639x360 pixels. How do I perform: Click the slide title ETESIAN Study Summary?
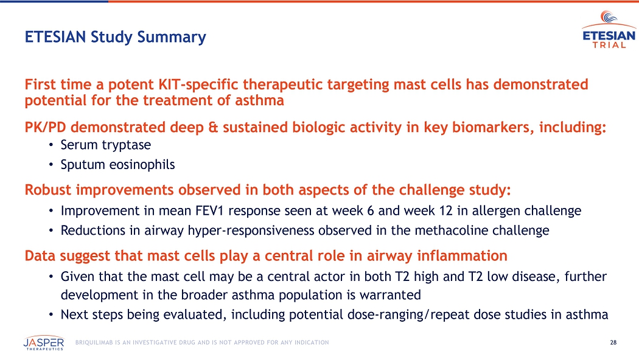(x=116, y=37)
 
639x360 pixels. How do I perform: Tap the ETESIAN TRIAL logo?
(x=609, y=29)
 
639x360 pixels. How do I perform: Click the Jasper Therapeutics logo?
(x=44, y=343)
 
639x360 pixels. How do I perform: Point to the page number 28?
(x=613, y=342)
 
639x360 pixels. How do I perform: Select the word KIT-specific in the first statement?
(x=198, y=85)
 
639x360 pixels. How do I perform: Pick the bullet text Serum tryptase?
(x=105, y=145)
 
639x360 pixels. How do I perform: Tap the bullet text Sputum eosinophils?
(x=118, y=165)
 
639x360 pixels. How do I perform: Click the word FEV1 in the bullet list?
(x=210, y=211)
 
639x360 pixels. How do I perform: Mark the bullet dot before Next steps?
(x=51, y=315)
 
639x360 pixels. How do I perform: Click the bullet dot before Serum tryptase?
(x=51, y=145)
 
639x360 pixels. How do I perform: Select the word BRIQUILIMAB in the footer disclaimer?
(x=94, y=342)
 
